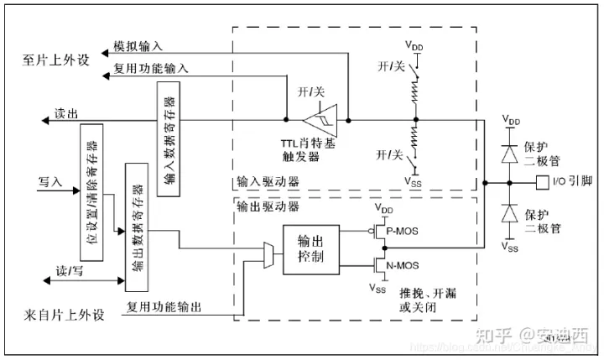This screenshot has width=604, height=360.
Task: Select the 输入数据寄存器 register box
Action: tap(168, 138)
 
